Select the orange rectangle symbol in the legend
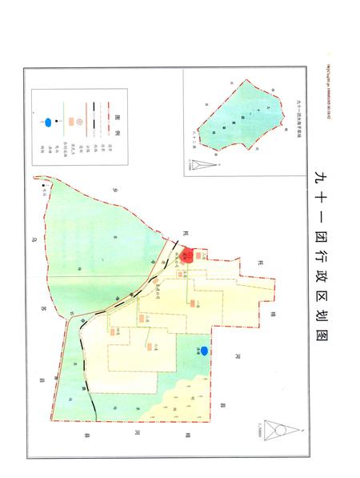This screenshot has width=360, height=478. [71, 122]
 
